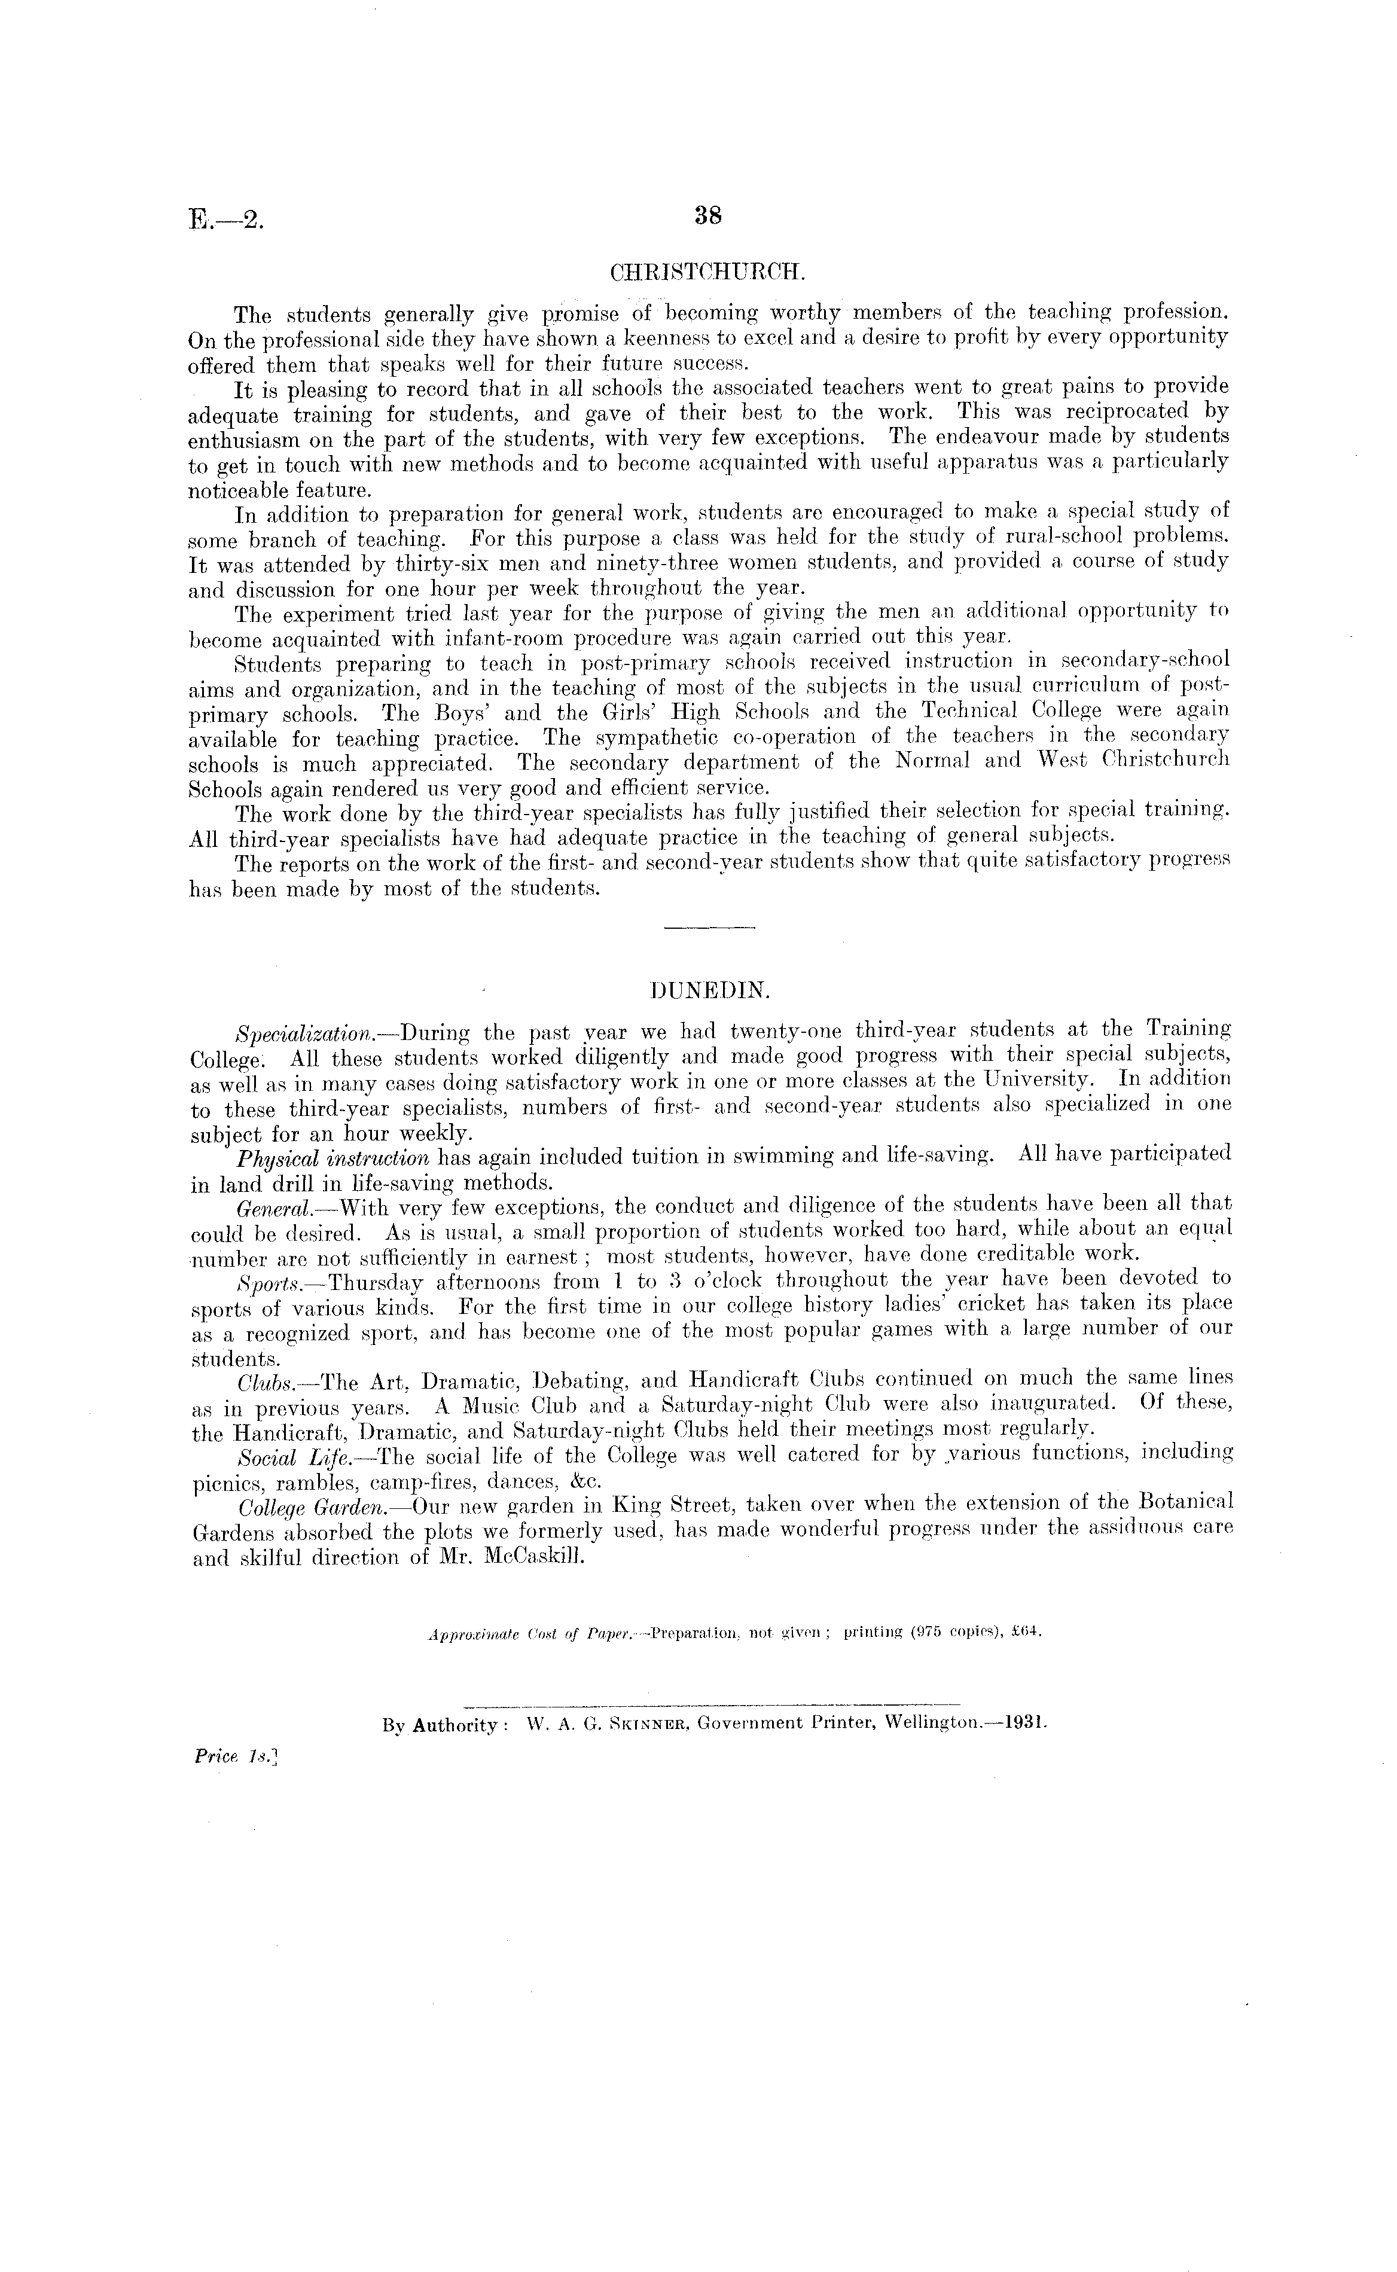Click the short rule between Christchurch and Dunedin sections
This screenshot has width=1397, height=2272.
(x=710, y=927)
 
